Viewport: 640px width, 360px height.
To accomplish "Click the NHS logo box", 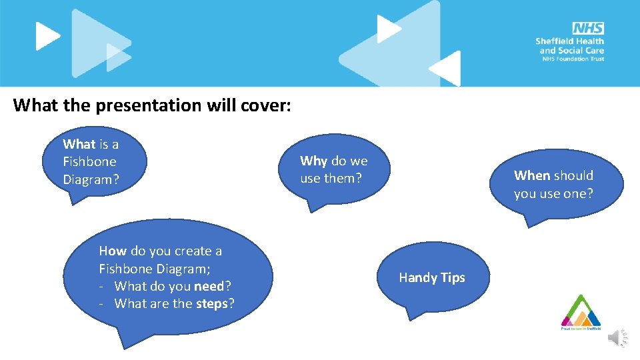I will pyautogui.click(x=587, y=28).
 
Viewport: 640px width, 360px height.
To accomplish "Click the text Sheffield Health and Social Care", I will pyautogui.click(x=570, y=45).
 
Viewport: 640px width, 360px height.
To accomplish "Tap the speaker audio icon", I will pyautogui.click(x=617, y=339).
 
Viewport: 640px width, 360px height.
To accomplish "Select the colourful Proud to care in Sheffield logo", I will pyautogui.click(x=580, y=312).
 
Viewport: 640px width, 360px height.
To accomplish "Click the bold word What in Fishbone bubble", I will pyautogui.click(x=79, y=144).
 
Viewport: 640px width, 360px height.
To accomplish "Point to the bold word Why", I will pyautogui.click(x=313, y=161).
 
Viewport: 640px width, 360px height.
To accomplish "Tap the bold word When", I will pyautogui.click(x=531, y=175).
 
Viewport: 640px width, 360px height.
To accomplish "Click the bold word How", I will pyautogui.click(x=112, y=251).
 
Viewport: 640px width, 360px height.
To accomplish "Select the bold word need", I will pyautogui.click(x=209, y=286).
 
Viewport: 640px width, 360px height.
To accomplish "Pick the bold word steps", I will pyautogui.click(x=212, y=304).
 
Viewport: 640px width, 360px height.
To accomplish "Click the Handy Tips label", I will pyautogui.click(x=432, y=277).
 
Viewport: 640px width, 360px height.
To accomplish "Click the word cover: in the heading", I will pyautogui.click(x=266, y=105).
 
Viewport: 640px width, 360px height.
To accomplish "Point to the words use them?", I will pyautogui.click(x=331, y=179).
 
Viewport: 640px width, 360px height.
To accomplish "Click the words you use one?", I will pyautogui.click(x=553, y=193).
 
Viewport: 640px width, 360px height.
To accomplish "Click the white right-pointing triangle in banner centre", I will pyautogui.click(x=387, y=29).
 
